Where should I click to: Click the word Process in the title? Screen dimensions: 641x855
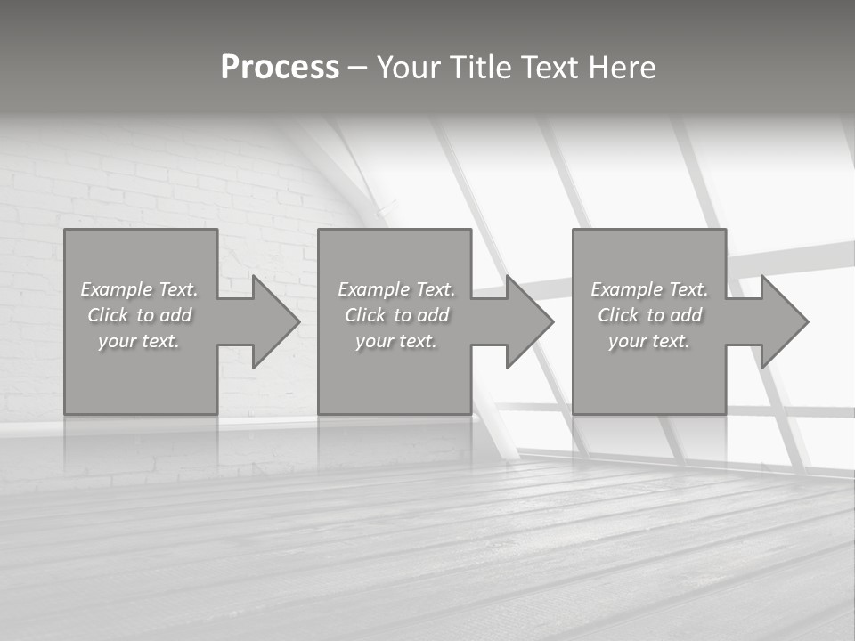280,68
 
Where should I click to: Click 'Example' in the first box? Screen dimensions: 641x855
116,289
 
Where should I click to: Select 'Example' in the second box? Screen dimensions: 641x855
373,289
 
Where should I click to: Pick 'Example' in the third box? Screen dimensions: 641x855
626,289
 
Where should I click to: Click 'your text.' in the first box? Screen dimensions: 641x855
139,341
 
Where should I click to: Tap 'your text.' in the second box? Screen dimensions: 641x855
395,341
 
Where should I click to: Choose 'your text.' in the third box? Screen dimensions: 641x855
648,341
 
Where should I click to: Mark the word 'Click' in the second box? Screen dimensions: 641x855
365,315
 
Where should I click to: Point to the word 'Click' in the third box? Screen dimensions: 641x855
618,315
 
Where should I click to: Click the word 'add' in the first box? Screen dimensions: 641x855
175,315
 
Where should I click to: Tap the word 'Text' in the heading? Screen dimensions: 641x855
550,68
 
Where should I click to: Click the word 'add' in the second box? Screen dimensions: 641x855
433,315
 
